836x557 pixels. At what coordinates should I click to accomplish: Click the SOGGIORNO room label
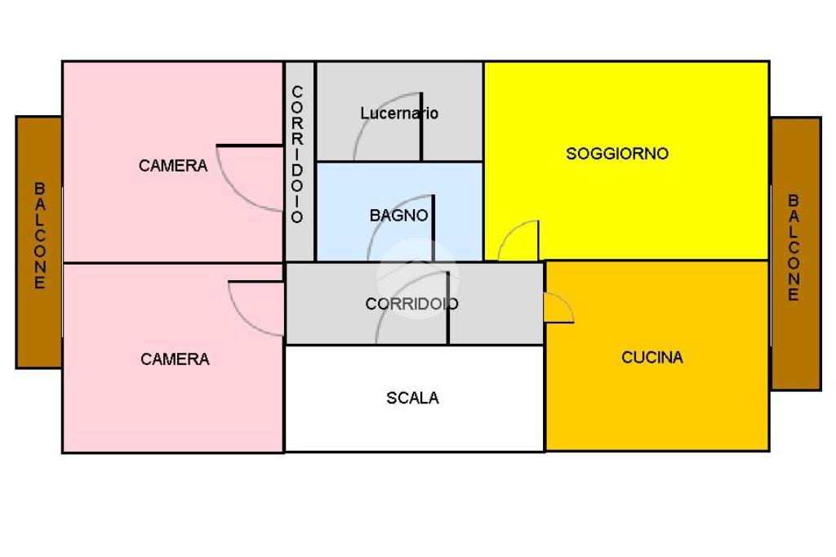point(617,154)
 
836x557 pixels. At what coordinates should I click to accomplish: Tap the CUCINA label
point(652,357)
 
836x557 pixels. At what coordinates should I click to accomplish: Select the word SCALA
point(412,398)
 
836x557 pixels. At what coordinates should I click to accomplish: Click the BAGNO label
point(398,216)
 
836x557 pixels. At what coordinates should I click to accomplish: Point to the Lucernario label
point(399,114)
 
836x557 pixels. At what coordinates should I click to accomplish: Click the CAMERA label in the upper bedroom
point(173,166)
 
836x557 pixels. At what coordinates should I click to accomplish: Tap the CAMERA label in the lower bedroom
point(175,359)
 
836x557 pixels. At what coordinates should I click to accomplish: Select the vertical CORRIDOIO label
point(298,154)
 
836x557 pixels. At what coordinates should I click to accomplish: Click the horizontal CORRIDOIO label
point(411,304)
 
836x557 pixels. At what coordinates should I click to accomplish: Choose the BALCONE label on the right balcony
point(794,247)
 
